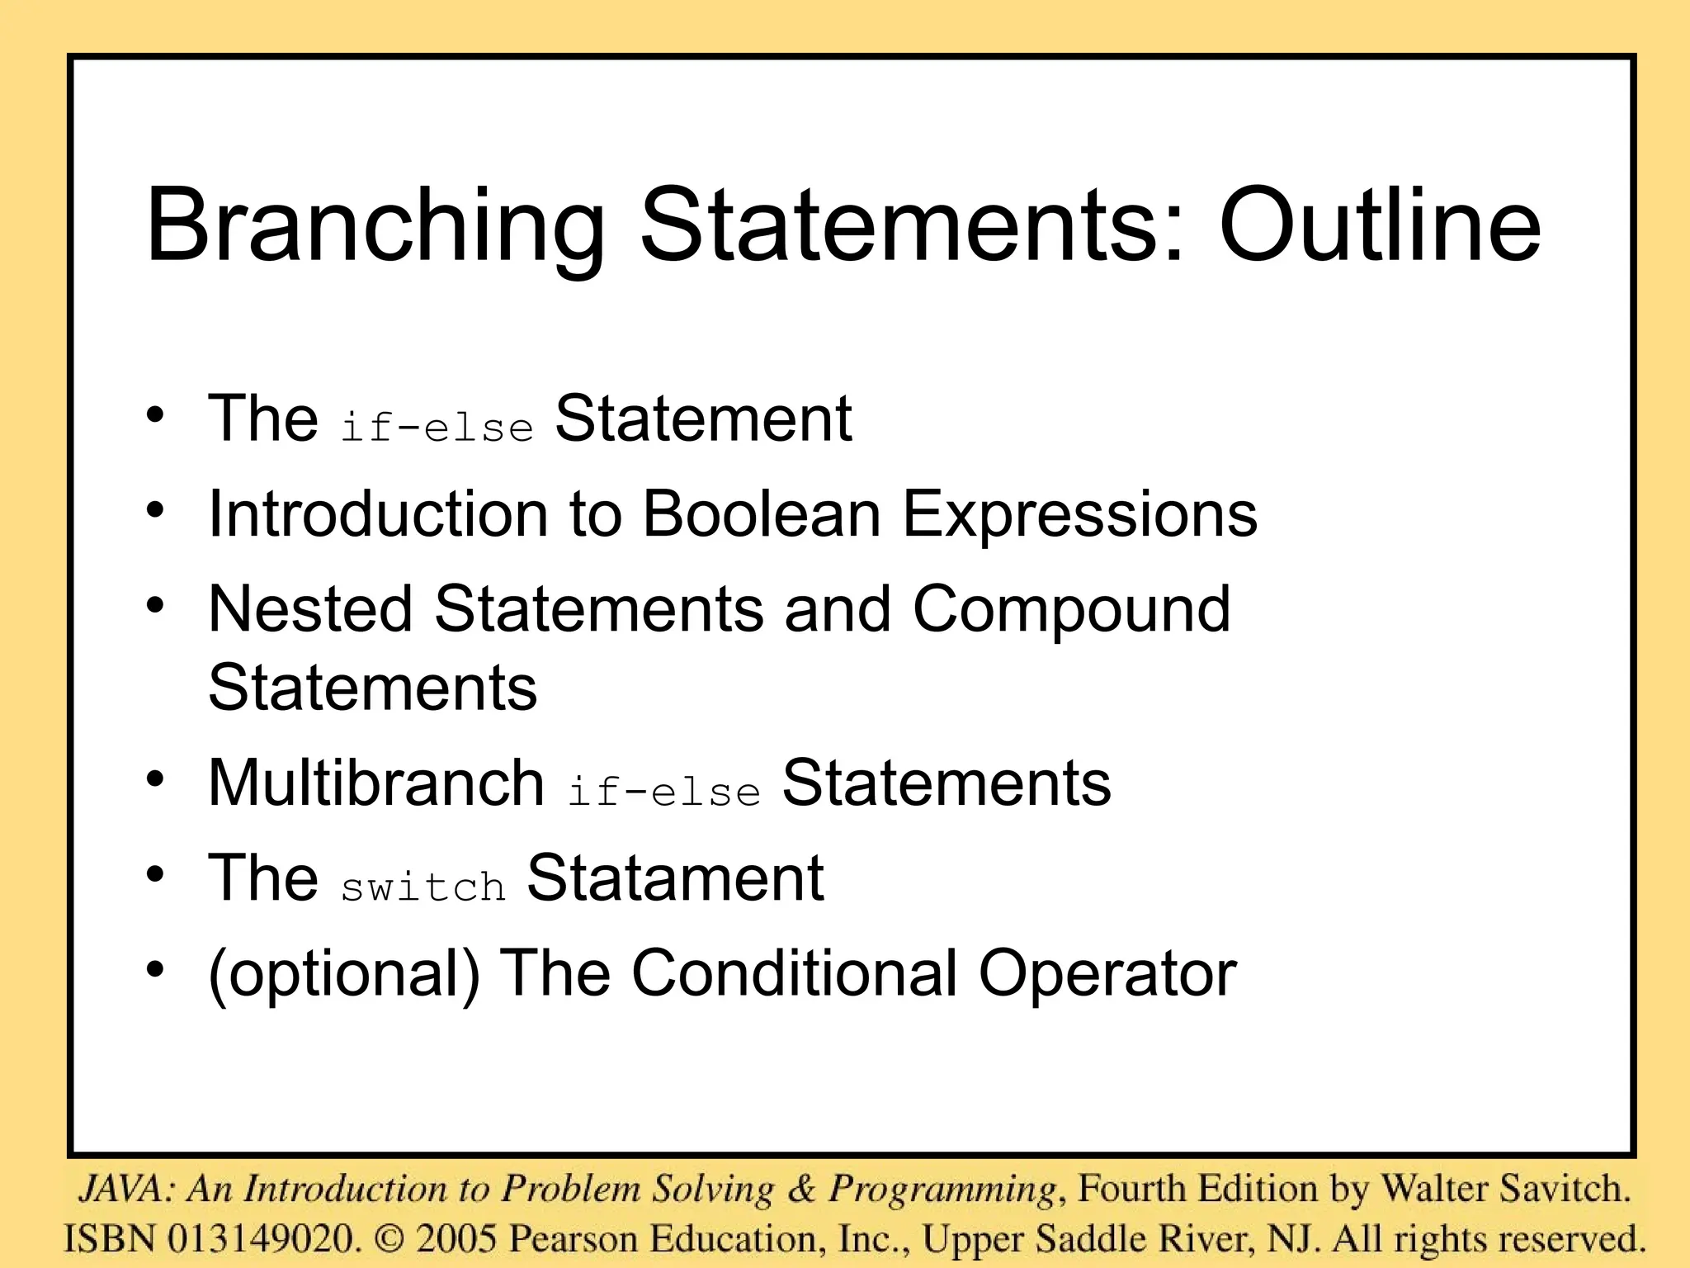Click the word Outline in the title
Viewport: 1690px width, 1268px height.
[x=1380, y=225]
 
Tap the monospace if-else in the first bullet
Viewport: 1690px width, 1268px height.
[x=437, y=428]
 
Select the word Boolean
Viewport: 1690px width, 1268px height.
[x=762, y=513]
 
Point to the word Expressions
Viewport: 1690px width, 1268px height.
[x=1079, y=515]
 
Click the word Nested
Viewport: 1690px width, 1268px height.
[x=310, y=608]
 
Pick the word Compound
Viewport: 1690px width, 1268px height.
[x=1071, y=610]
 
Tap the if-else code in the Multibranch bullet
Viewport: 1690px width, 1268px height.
[x=663, y=792]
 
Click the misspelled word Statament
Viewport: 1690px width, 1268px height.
[x=675, y=877]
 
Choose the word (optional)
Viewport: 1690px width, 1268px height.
[x=344, y=973]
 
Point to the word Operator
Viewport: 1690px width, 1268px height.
[x=1107, y=973]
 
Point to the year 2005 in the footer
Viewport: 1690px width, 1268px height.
[x=456, y=1238]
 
